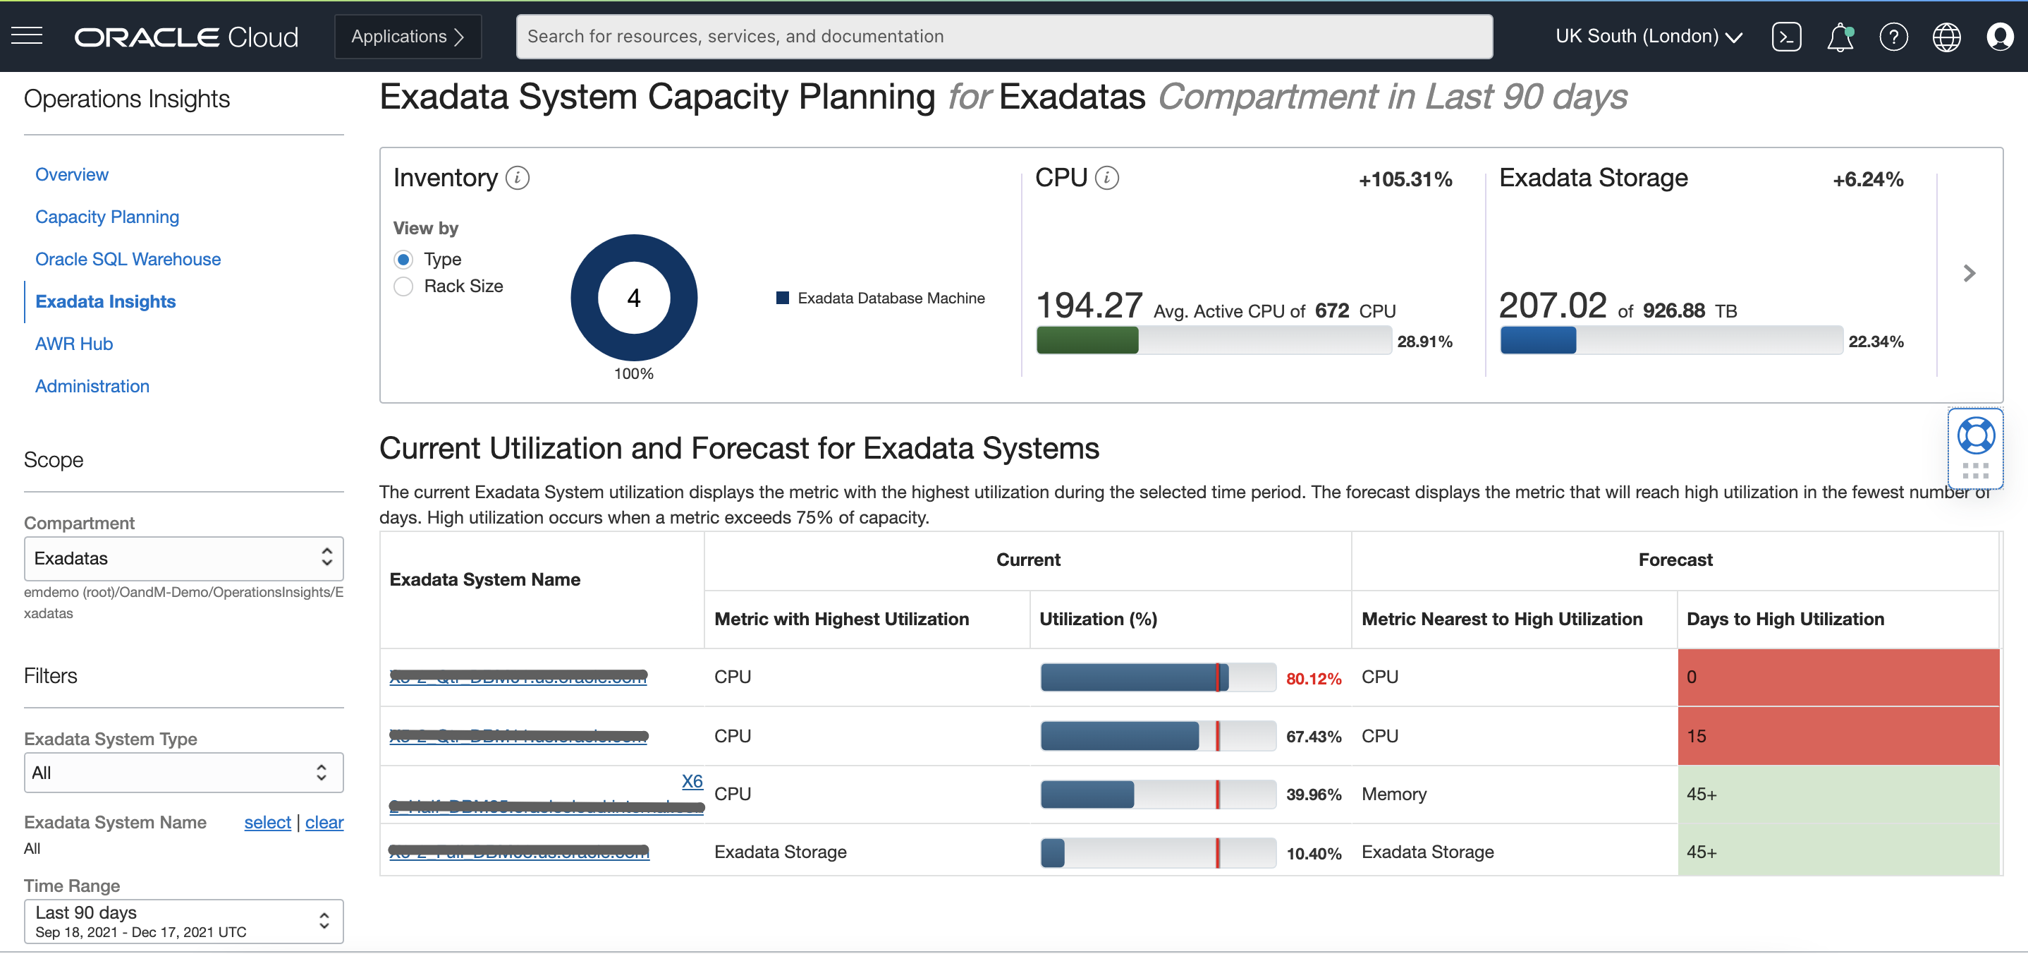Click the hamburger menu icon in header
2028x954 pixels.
pyautogui.click(x=27, y=35)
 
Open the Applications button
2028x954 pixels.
pyautogui.click(x=407, y=36)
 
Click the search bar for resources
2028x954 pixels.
pyautogui.click(x=1003, y=36)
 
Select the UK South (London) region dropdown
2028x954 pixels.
pyautogui.click(x=1648, y=36)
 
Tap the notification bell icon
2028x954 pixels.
pyautogui.click(x=1839, y=37)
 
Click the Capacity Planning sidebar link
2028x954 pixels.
pyautogui.click(x=107, y=217)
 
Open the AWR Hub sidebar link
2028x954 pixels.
pyautogui.click(x=74, y=344)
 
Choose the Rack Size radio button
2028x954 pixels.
pyautogui.click(x=403, y=286)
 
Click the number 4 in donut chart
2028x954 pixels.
pyautogui.click(x=634, y=298)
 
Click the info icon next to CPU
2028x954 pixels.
pyautogui.click(x=1107, y=178)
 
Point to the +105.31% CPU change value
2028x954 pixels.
pyautogui.click(x=1405, y=180)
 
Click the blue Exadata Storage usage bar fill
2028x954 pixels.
pyautogui.click(x=1537, y=341)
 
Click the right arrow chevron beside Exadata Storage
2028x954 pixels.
pyautogui.click(x=1969, y=273)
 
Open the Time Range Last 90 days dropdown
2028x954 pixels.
pyautogui.click(x=183, y=921)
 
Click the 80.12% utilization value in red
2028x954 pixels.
pyautogui.click(x=1313, y=678)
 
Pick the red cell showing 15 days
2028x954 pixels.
pyautogui.click(x=1838, y=736)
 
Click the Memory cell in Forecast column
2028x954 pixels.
pyautogui.click(x=1393, y=794)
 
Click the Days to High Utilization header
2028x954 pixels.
pyautogui.click(x=1785, y=620)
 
